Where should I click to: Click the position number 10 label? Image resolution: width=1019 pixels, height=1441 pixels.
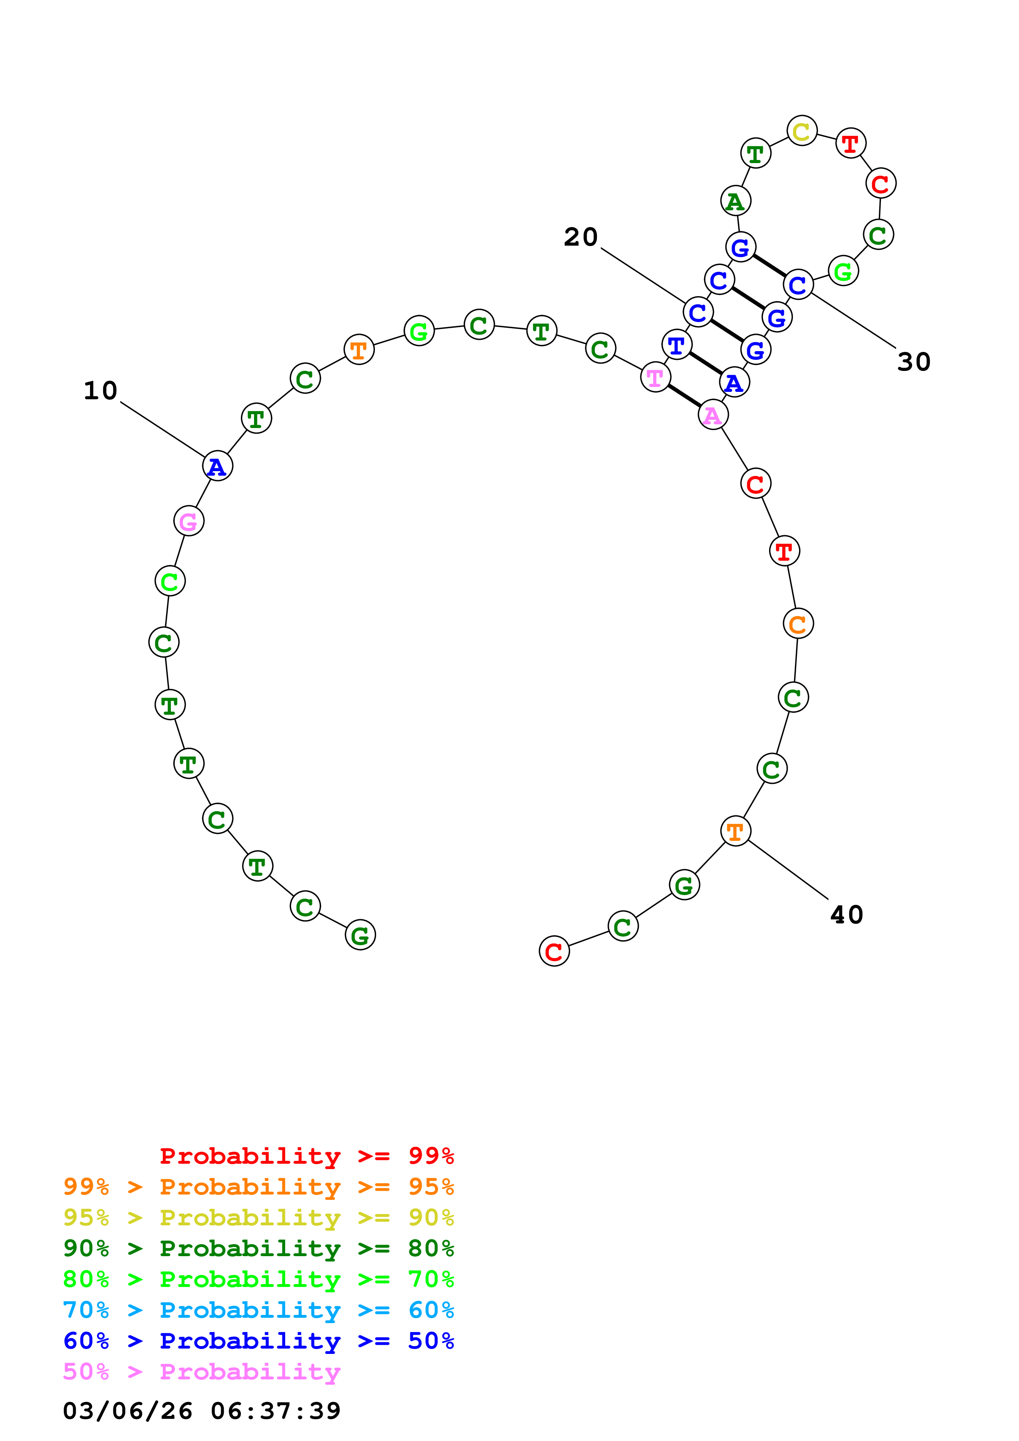(100, 391)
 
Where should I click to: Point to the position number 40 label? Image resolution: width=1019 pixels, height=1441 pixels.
(846, 915)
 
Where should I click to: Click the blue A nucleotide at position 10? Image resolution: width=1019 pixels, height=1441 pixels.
(217, 466)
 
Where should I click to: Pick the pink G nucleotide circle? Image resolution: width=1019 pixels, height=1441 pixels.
(188, 521)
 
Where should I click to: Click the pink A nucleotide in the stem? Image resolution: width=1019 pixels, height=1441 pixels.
(713, 415)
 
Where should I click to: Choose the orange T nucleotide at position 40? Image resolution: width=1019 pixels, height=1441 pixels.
(735, 831)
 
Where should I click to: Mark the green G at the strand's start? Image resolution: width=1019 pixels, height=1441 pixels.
(360, 936)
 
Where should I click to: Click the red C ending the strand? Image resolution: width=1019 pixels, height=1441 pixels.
(554, 951)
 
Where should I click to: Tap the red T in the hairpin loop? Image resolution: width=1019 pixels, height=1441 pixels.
(851, 144)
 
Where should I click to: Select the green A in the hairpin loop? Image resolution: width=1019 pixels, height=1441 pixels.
(736, 201)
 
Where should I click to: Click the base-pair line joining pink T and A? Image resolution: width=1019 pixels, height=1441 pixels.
(684, 396)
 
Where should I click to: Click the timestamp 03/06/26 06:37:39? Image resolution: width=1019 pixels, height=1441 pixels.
(201, 1411)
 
